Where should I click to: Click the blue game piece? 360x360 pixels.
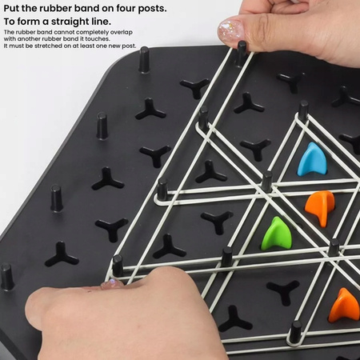pos(311,159)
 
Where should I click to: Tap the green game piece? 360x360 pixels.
pos(276,233)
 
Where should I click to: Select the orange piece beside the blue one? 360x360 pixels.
pos(320,206)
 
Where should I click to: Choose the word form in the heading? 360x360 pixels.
pos(30,21)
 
